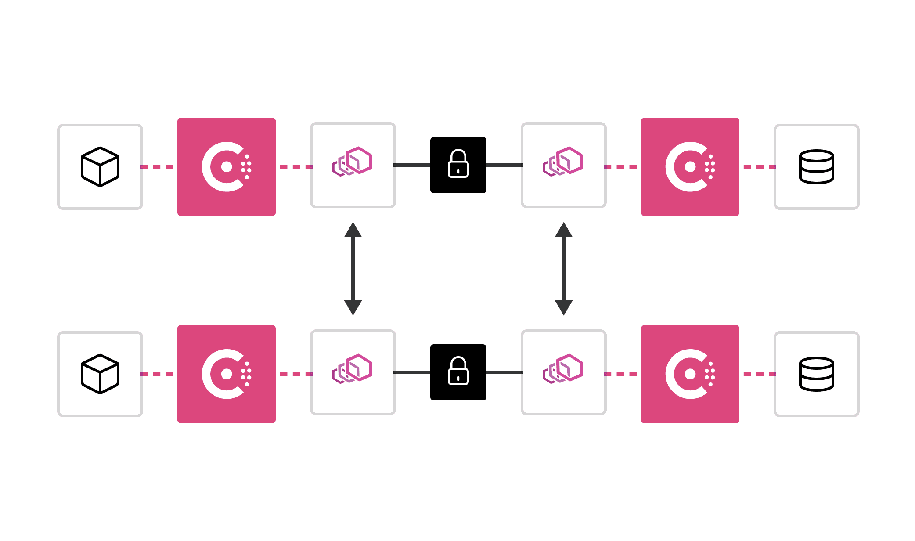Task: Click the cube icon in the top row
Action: [x=100, y=167]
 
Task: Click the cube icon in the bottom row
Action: [x=100, y=374]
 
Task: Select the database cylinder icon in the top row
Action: [x=816, y=167]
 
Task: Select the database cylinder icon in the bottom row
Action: [x=816, y=374]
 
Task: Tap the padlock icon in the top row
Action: [x=458, y=164]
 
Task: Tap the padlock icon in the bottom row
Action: [x=458, y=371]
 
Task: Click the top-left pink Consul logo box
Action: [x=227, y=167]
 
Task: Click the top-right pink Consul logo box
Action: [x=690, y=167]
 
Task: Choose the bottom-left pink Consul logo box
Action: [x=227, y=374]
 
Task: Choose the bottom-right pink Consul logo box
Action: [x=690, y=374]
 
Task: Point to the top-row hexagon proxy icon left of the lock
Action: [x=353, y=162]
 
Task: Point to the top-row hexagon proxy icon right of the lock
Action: [x=563, y=162]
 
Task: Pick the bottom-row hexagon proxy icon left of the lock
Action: [x=353, y=369]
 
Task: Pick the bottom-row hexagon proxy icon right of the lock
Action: [x=563, y=369]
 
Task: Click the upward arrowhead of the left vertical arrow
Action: [x=353, y=230]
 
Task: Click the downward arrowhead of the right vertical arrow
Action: [x=564, y=307]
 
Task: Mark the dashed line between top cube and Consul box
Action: [x=157, y=167]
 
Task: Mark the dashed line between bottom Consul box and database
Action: [x=760, y=374]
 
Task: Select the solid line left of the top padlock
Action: [x=412, y=165]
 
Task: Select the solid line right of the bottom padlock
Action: [x=504, y=372]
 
